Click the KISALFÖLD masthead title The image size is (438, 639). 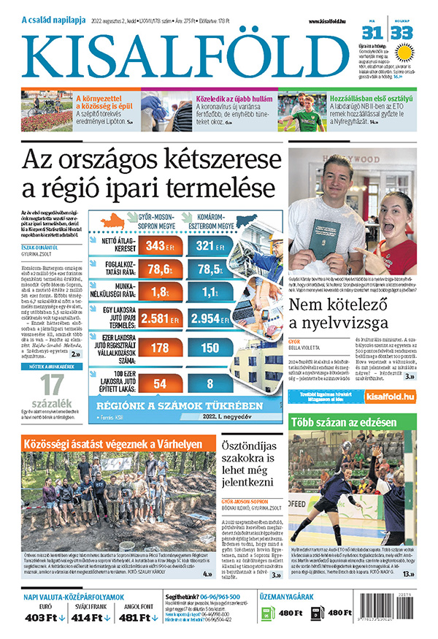click(x=186, y=55)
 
